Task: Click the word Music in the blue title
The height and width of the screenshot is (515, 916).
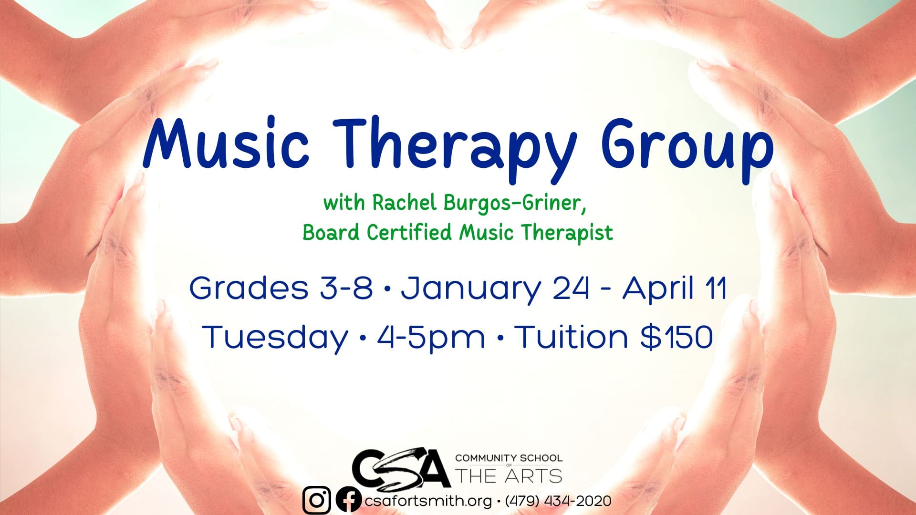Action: click(226, 143)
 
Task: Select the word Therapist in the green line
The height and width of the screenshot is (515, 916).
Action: click(567, 233)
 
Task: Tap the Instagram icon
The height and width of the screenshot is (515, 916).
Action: click(317, 501)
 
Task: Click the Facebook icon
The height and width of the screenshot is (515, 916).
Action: click(349, 501)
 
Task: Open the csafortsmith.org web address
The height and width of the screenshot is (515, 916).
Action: click(428, 501)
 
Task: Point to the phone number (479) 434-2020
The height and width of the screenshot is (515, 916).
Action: click(558, 501)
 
